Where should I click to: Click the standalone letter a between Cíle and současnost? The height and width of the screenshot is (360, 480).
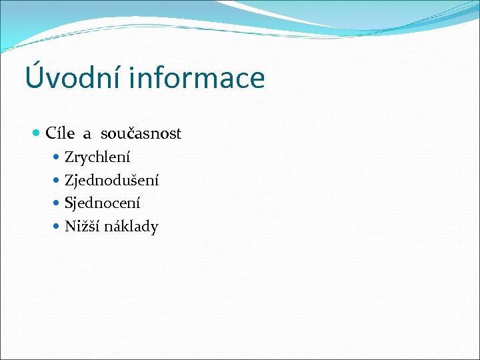[x=87, y=135]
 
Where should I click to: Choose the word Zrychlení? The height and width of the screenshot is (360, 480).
[x=97, y=158]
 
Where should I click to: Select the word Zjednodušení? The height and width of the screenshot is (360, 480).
[x=111, y=181]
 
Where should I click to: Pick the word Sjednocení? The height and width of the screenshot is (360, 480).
[x=102, y=203]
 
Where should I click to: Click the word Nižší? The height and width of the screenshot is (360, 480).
[x=81, y=227]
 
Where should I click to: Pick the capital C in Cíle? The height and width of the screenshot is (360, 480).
[x=51, y=134]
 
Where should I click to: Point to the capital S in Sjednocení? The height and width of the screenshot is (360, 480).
[x=68, y=203]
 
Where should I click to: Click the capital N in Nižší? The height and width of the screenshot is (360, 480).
[x=69, y=227]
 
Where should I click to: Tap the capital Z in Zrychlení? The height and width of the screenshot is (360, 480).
[x=69, y=158]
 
